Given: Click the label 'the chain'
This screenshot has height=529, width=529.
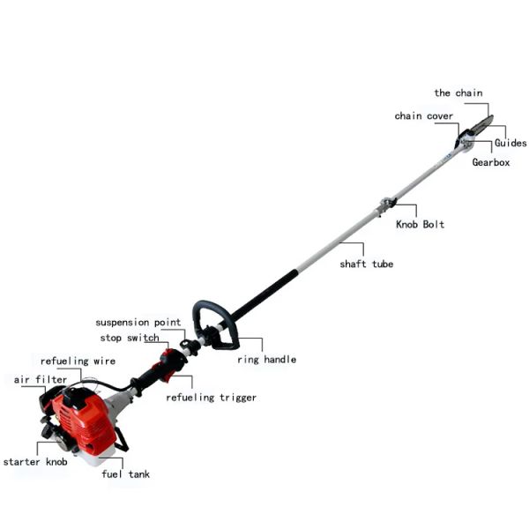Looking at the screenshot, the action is [458, 93].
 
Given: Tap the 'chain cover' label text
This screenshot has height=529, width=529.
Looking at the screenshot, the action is [424, 116].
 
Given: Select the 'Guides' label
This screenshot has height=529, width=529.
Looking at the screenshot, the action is [510, 143].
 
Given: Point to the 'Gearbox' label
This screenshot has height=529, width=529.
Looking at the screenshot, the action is [491, 162].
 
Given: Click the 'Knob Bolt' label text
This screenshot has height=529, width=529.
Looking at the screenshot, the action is [420, 224].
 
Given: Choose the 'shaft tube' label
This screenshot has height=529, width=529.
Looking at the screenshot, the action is [367, 264].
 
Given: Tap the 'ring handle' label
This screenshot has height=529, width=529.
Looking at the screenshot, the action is [267, 360].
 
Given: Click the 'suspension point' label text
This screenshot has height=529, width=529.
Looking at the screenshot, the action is [138, 323].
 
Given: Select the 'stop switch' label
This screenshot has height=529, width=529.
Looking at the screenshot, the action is [130, 338].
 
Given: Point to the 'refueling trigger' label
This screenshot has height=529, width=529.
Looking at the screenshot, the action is [212, 398].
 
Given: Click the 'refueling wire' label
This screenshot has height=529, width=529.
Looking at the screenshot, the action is [78, 361].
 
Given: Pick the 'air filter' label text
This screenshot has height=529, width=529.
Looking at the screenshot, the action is [41, 380].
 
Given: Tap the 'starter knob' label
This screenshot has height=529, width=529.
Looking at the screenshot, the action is [35, 462].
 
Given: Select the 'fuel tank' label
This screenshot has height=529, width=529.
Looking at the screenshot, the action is [126, 474].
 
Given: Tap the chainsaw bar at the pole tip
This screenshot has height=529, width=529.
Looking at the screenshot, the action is [481, 124].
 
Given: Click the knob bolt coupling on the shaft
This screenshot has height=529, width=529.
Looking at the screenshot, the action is [387, 204].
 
